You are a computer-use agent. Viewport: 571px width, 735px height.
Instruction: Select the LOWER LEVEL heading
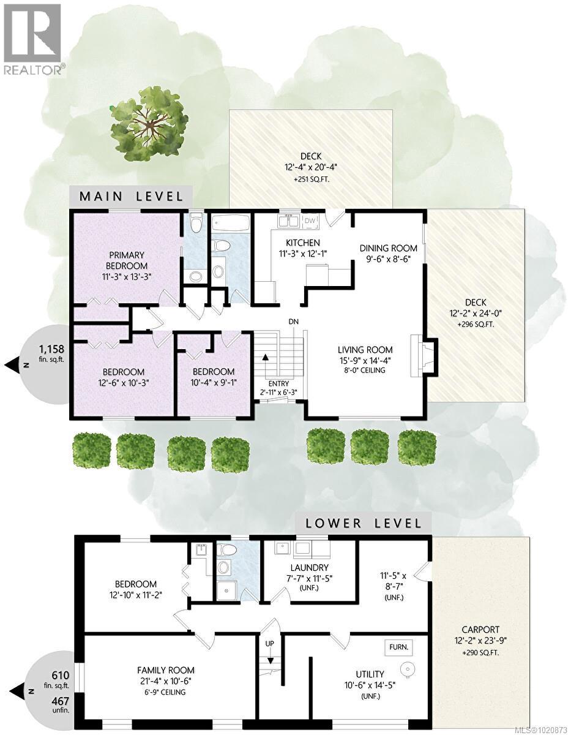365,523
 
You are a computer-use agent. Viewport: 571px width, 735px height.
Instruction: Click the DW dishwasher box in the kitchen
310,221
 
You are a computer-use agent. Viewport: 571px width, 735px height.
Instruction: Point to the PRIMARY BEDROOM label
127,260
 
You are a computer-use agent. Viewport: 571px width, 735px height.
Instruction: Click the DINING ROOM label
388,248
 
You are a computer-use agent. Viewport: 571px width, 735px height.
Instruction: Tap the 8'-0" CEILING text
364,370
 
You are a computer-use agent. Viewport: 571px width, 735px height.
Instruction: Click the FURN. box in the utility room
398,647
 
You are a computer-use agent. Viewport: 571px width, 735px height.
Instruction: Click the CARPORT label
480,629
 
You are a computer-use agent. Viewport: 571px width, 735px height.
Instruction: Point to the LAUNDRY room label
310,568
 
